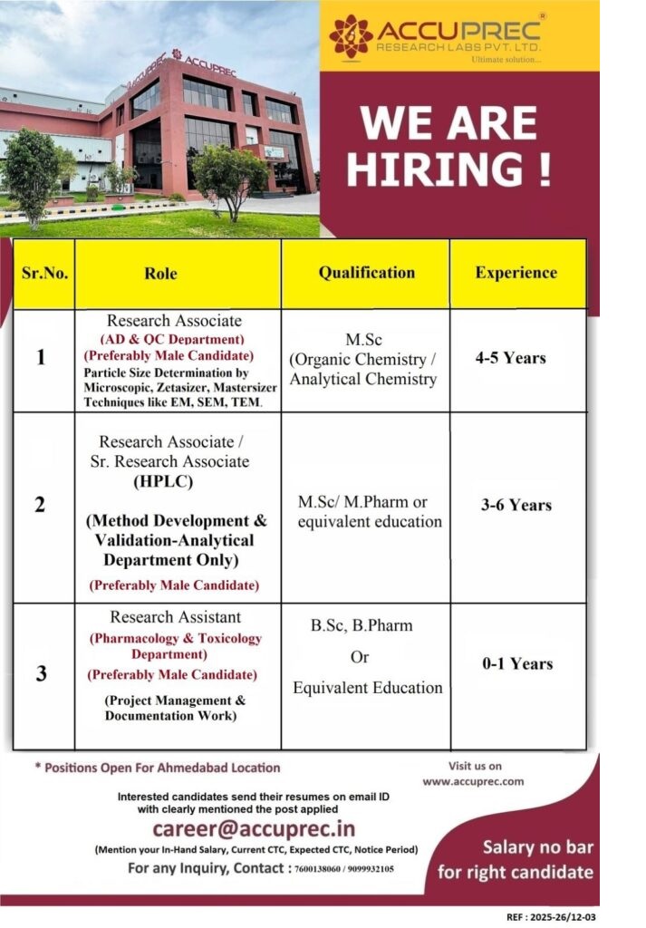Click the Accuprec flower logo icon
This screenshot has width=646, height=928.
click(x=351, y=36)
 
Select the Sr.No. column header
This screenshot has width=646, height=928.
click(x=43, y=273)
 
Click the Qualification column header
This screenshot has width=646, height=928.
click(x=366, y=272)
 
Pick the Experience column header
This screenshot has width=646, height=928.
click(x=516, y=272)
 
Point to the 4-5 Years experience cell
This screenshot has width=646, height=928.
click(x=511, y=358)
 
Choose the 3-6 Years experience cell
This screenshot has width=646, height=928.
click(x=516, y=505)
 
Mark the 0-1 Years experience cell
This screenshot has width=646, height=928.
click(x=517, y=663)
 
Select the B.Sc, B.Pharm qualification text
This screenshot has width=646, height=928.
click(x=362, y=625)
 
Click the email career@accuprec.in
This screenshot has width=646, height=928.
click(x=254, y=828)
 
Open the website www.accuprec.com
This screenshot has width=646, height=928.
click(x=473, y=780)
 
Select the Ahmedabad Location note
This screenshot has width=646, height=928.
click(x=158, y=768)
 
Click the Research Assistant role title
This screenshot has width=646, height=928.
click(x=176, y=617)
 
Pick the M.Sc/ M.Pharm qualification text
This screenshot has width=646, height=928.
click(x=362, y=501)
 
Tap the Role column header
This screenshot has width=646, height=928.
click(x=160, y=273)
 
